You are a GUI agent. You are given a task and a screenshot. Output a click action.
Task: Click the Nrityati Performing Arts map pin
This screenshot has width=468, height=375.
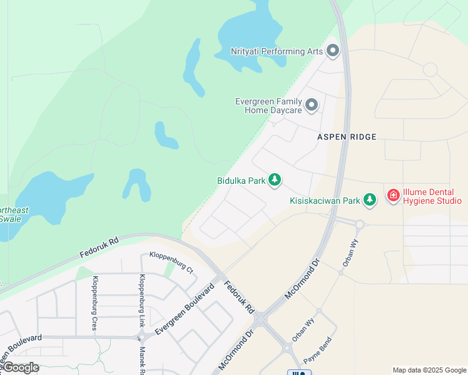click(x=332, y=51)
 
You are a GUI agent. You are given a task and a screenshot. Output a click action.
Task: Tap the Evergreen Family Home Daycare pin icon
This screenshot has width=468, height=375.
click(x=311, y=104)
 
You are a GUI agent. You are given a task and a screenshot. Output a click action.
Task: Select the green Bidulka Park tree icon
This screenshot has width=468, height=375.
click(x=274, y=180)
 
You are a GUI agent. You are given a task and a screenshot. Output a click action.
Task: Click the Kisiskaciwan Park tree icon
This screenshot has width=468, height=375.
click(x=370, y=200)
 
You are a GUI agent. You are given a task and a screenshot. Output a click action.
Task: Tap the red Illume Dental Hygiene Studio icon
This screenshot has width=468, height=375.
click(x=394, y=195)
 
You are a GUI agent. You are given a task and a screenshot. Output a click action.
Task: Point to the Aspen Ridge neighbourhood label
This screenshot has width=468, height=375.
click(x=347, y=136)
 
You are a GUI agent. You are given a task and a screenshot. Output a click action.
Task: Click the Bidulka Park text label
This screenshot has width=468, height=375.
click(x=242, y=181)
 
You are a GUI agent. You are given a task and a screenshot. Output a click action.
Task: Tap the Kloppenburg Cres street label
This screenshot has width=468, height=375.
click(x=96, y=303)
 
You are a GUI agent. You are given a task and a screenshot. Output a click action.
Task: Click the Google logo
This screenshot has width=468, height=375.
click(x=20, y=367)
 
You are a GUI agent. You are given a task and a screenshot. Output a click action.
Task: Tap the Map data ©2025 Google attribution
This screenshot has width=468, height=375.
click(x=429, y=370)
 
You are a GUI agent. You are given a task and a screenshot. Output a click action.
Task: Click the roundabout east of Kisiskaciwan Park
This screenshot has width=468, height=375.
click(x=360, y=224)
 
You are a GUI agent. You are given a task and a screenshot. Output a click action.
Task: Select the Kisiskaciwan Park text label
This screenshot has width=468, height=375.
click(x=325, y=201)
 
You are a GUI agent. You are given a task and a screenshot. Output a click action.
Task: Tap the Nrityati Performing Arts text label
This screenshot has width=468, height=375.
click(x=276, y=51)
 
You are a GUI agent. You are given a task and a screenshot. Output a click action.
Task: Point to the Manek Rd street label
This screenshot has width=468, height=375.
click(x=143, y=361)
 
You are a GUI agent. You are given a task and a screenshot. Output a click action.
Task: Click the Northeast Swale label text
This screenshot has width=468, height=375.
click(x=14, y=214)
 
